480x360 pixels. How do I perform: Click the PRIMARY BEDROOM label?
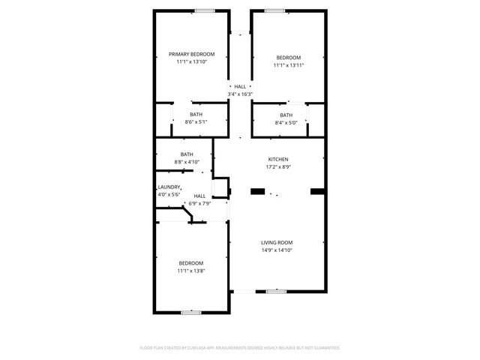[191, 54]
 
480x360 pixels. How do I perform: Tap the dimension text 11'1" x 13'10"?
[191, 61]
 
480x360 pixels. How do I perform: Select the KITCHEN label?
[278, 159]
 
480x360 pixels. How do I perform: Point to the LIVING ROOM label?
[276, 242]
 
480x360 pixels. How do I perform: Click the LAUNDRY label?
[169, 187]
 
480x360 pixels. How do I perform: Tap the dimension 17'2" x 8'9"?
[278, 167]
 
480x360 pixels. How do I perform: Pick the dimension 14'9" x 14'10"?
[276, 250]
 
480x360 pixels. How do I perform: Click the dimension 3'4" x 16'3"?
[240, 94]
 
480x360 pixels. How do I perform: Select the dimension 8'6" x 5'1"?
[195, 122]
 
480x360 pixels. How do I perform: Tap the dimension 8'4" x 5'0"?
[286, 122]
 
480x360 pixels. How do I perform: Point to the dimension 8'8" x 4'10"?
[187, 162]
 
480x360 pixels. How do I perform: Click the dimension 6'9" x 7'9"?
[199, 203]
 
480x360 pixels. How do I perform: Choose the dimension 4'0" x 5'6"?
[169, 194]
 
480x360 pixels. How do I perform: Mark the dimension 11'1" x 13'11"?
[288, 65]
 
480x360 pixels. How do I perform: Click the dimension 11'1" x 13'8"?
[190, 271]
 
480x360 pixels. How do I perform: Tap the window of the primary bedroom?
[204, 10]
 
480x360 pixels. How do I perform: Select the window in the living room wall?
[276, 291]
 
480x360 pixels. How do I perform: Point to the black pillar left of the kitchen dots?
[257, 192]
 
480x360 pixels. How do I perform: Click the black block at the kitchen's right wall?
[316, 190]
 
